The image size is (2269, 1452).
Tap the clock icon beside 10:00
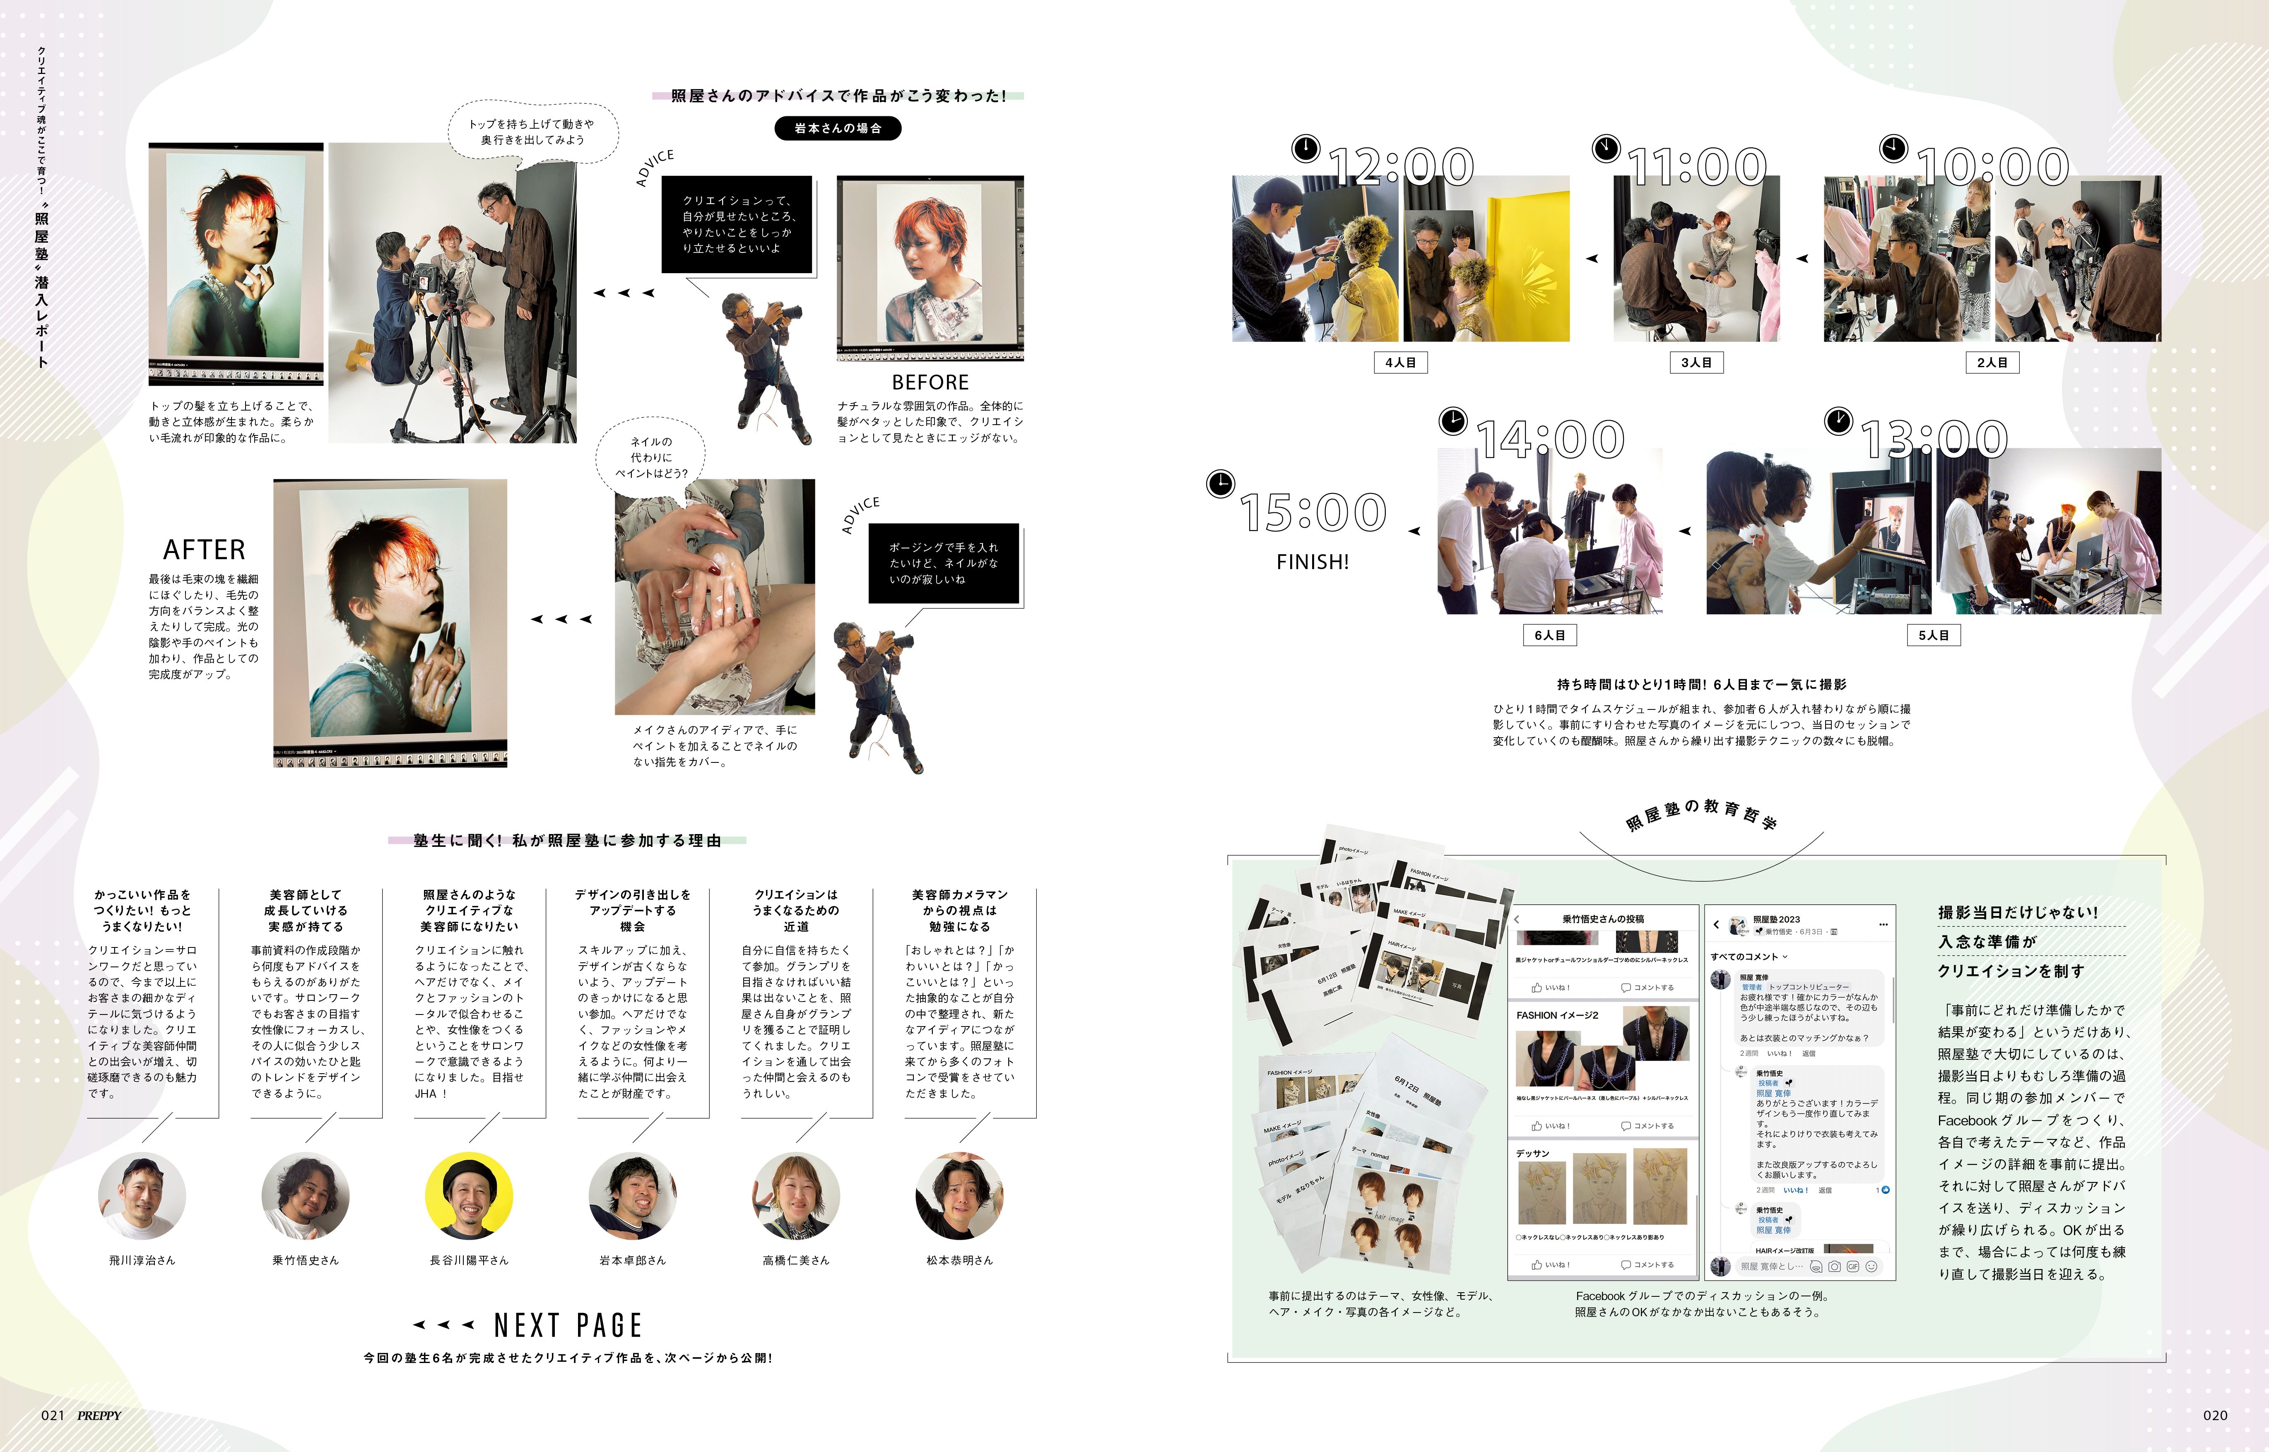click(x=1893, y=148)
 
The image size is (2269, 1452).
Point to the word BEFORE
click(x=930, y=382)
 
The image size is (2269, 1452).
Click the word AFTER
click(x=204, y=550)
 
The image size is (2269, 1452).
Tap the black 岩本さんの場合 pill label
click(x=838, y=128)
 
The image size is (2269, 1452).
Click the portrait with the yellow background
click(x=469, y=1195)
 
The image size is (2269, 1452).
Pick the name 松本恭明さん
click(x=959, y=1260)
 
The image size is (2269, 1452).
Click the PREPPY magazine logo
click(x=99, y=1415)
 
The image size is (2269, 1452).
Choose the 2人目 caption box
click(x=1992, y=362)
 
